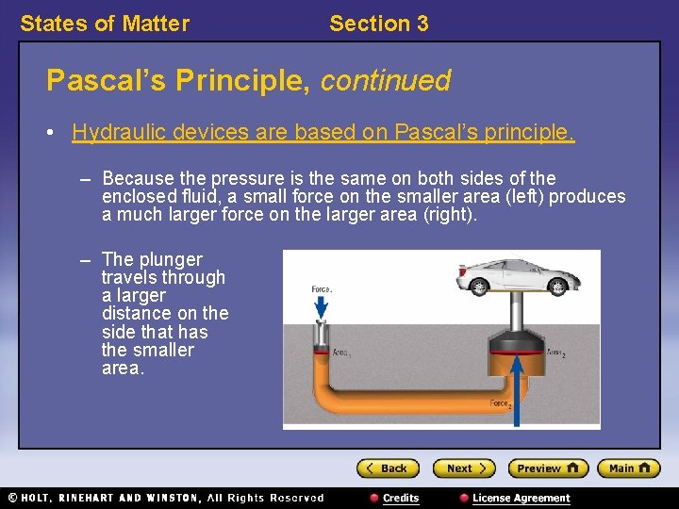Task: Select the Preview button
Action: click(548, 468)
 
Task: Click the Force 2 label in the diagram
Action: click(501, 404)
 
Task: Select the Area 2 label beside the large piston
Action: click(556, 353)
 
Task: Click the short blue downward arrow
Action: click(321, 306)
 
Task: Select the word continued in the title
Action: click(386, 81)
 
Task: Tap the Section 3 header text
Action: click(378, 24)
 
